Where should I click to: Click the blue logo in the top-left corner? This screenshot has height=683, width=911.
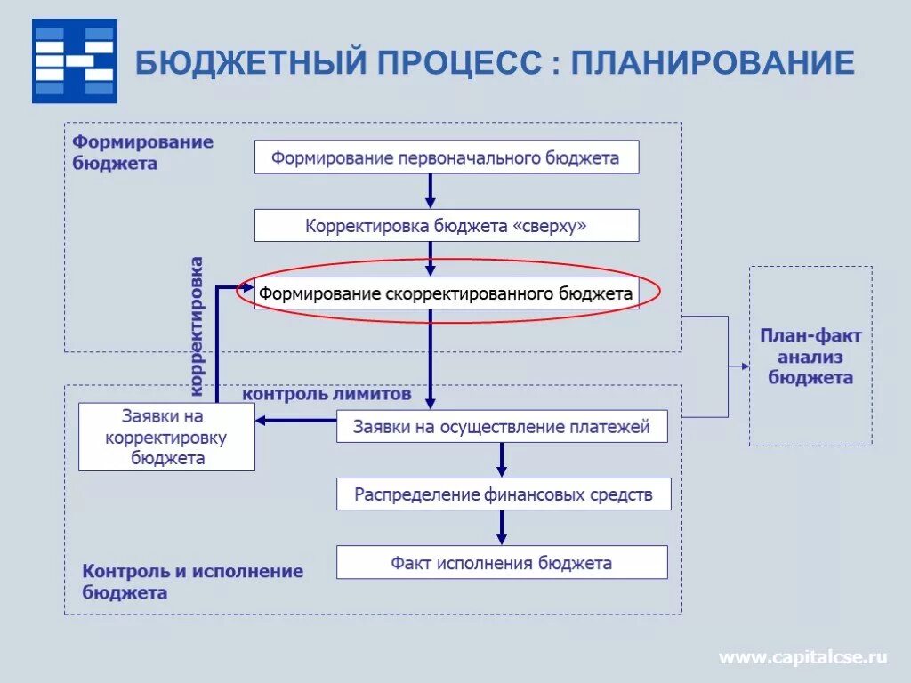pyautogui.click(x=74, y=60)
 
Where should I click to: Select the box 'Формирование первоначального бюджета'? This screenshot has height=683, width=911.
pyautogui.click(x=447, y=157)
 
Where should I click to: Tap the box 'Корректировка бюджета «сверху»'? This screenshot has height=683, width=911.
pyautogui.click(x=447, y=226)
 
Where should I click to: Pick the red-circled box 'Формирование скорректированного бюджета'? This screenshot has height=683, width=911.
pyautogui.click(x=447, y=293)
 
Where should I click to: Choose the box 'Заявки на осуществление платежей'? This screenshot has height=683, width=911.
pyautogui.click(x=503, y=427)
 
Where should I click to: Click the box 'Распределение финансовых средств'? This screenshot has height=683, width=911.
pyautogui.click(x=503, y=494)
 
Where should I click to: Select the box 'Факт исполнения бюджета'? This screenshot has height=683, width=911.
pyautogui.click(x=502, y=563)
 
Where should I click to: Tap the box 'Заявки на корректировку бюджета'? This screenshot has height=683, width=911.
pyautogui.click(x=166, y=437)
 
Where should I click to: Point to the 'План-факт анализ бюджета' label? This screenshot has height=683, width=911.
pyautogui.click(x=810, y=357)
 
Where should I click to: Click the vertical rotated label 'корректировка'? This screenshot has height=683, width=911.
pyautogui.click(x=197, y=325)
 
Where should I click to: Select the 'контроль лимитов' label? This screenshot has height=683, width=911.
pyautogui.click(x=327, y=393)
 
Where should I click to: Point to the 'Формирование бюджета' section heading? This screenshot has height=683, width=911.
pyautogui.click(x=142, y=152)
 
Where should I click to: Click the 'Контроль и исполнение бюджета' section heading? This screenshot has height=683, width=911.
pyautogui.click(x=192, y=582)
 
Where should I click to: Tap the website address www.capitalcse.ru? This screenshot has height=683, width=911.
pyautogui.click(x=802, y=657)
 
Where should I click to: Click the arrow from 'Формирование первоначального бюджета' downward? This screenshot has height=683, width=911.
pyautogui.click(x=431, y=190)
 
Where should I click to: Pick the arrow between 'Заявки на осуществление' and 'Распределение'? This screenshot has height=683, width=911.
pyautogui.click(x=502, y=460)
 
